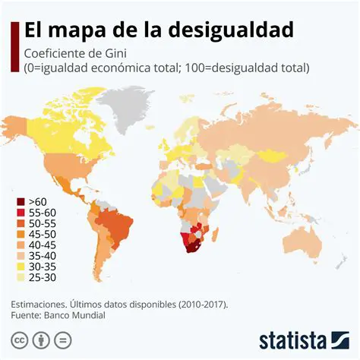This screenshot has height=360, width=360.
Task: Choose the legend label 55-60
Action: (43, 213)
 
